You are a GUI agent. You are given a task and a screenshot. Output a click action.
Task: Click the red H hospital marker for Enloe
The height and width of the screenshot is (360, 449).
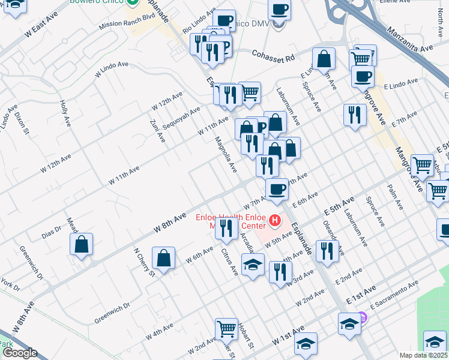pos(276,221)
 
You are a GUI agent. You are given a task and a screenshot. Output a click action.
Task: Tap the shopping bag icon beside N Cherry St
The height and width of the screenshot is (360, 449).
pos(163,259)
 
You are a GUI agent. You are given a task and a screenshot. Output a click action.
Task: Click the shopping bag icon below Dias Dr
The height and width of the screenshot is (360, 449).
pos(81,245)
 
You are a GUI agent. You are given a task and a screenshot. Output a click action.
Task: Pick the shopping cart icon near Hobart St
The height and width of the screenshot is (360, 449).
pos(226,328)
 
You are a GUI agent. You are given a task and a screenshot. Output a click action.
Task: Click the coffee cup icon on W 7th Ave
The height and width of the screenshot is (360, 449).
pos(277,189)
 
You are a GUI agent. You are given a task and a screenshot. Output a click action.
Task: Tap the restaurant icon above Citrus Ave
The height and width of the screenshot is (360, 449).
pos(226,228)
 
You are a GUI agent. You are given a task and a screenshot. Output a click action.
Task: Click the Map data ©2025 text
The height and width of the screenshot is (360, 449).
pos(423,355)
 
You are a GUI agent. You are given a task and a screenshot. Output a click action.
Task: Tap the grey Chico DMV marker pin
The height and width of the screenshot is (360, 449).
pos(277,26)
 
